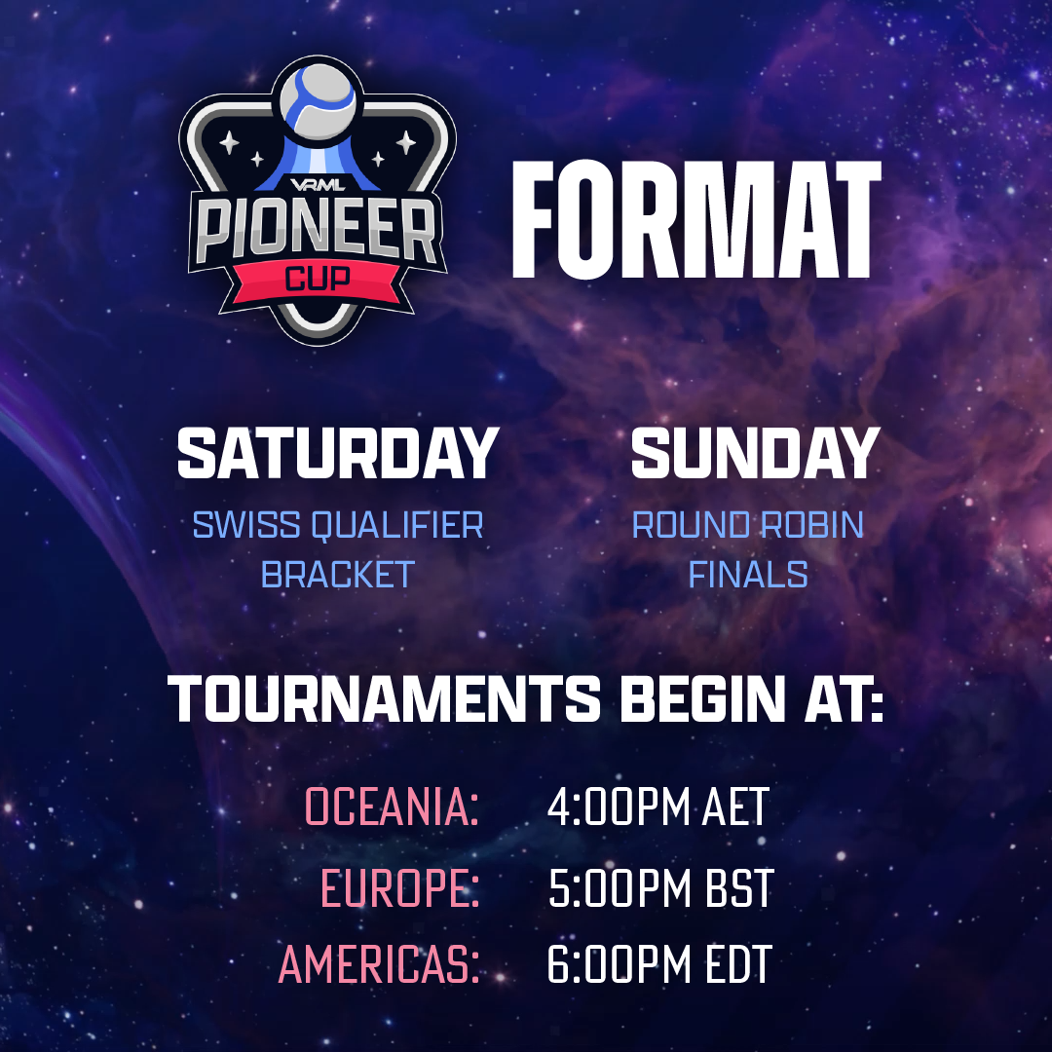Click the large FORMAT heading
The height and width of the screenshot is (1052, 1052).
pyautogui.click(x=696, y=219)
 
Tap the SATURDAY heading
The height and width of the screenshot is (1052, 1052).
pyautogui.click(x=338, y=454)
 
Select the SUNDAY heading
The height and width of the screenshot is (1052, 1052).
pyautogui.click(x=756, y=454)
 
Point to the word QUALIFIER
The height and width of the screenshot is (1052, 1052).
pyautogui.click(x=397, y=526)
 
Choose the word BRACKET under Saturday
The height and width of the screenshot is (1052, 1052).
pyautogui.click(x=337, y=575)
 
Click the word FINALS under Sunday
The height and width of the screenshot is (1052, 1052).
pyautogui.click(x=748, y=575)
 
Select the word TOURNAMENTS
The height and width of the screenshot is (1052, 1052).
pyautogui.click(x=385, y=698)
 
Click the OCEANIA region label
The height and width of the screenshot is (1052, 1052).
pyautogui.click(x=393, y=807)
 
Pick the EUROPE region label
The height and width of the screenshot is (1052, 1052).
pyautogui.click(x=400, y=888)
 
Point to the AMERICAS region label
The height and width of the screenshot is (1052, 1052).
pyautogui.click(x=379, y=964)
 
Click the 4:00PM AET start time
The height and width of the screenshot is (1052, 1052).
pyautogui.click(x=658, y=807)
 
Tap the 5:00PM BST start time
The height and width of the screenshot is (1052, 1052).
pyautogui.click(x=660, y=888)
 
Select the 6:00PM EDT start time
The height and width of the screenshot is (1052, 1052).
pyautogui.click(x=659, y=964)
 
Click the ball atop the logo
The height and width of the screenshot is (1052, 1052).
pyautogui.click(x=318, y=101)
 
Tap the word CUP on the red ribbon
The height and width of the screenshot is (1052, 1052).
pyautogui.click(x=318, y=277)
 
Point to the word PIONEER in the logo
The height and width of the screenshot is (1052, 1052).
pyautogui.click(x=317, y=232)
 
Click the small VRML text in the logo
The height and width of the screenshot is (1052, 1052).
pyautogui.click(x=318, y=185)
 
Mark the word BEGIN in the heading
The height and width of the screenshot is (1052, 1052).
pyautogui.click(x=702, y=698)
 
